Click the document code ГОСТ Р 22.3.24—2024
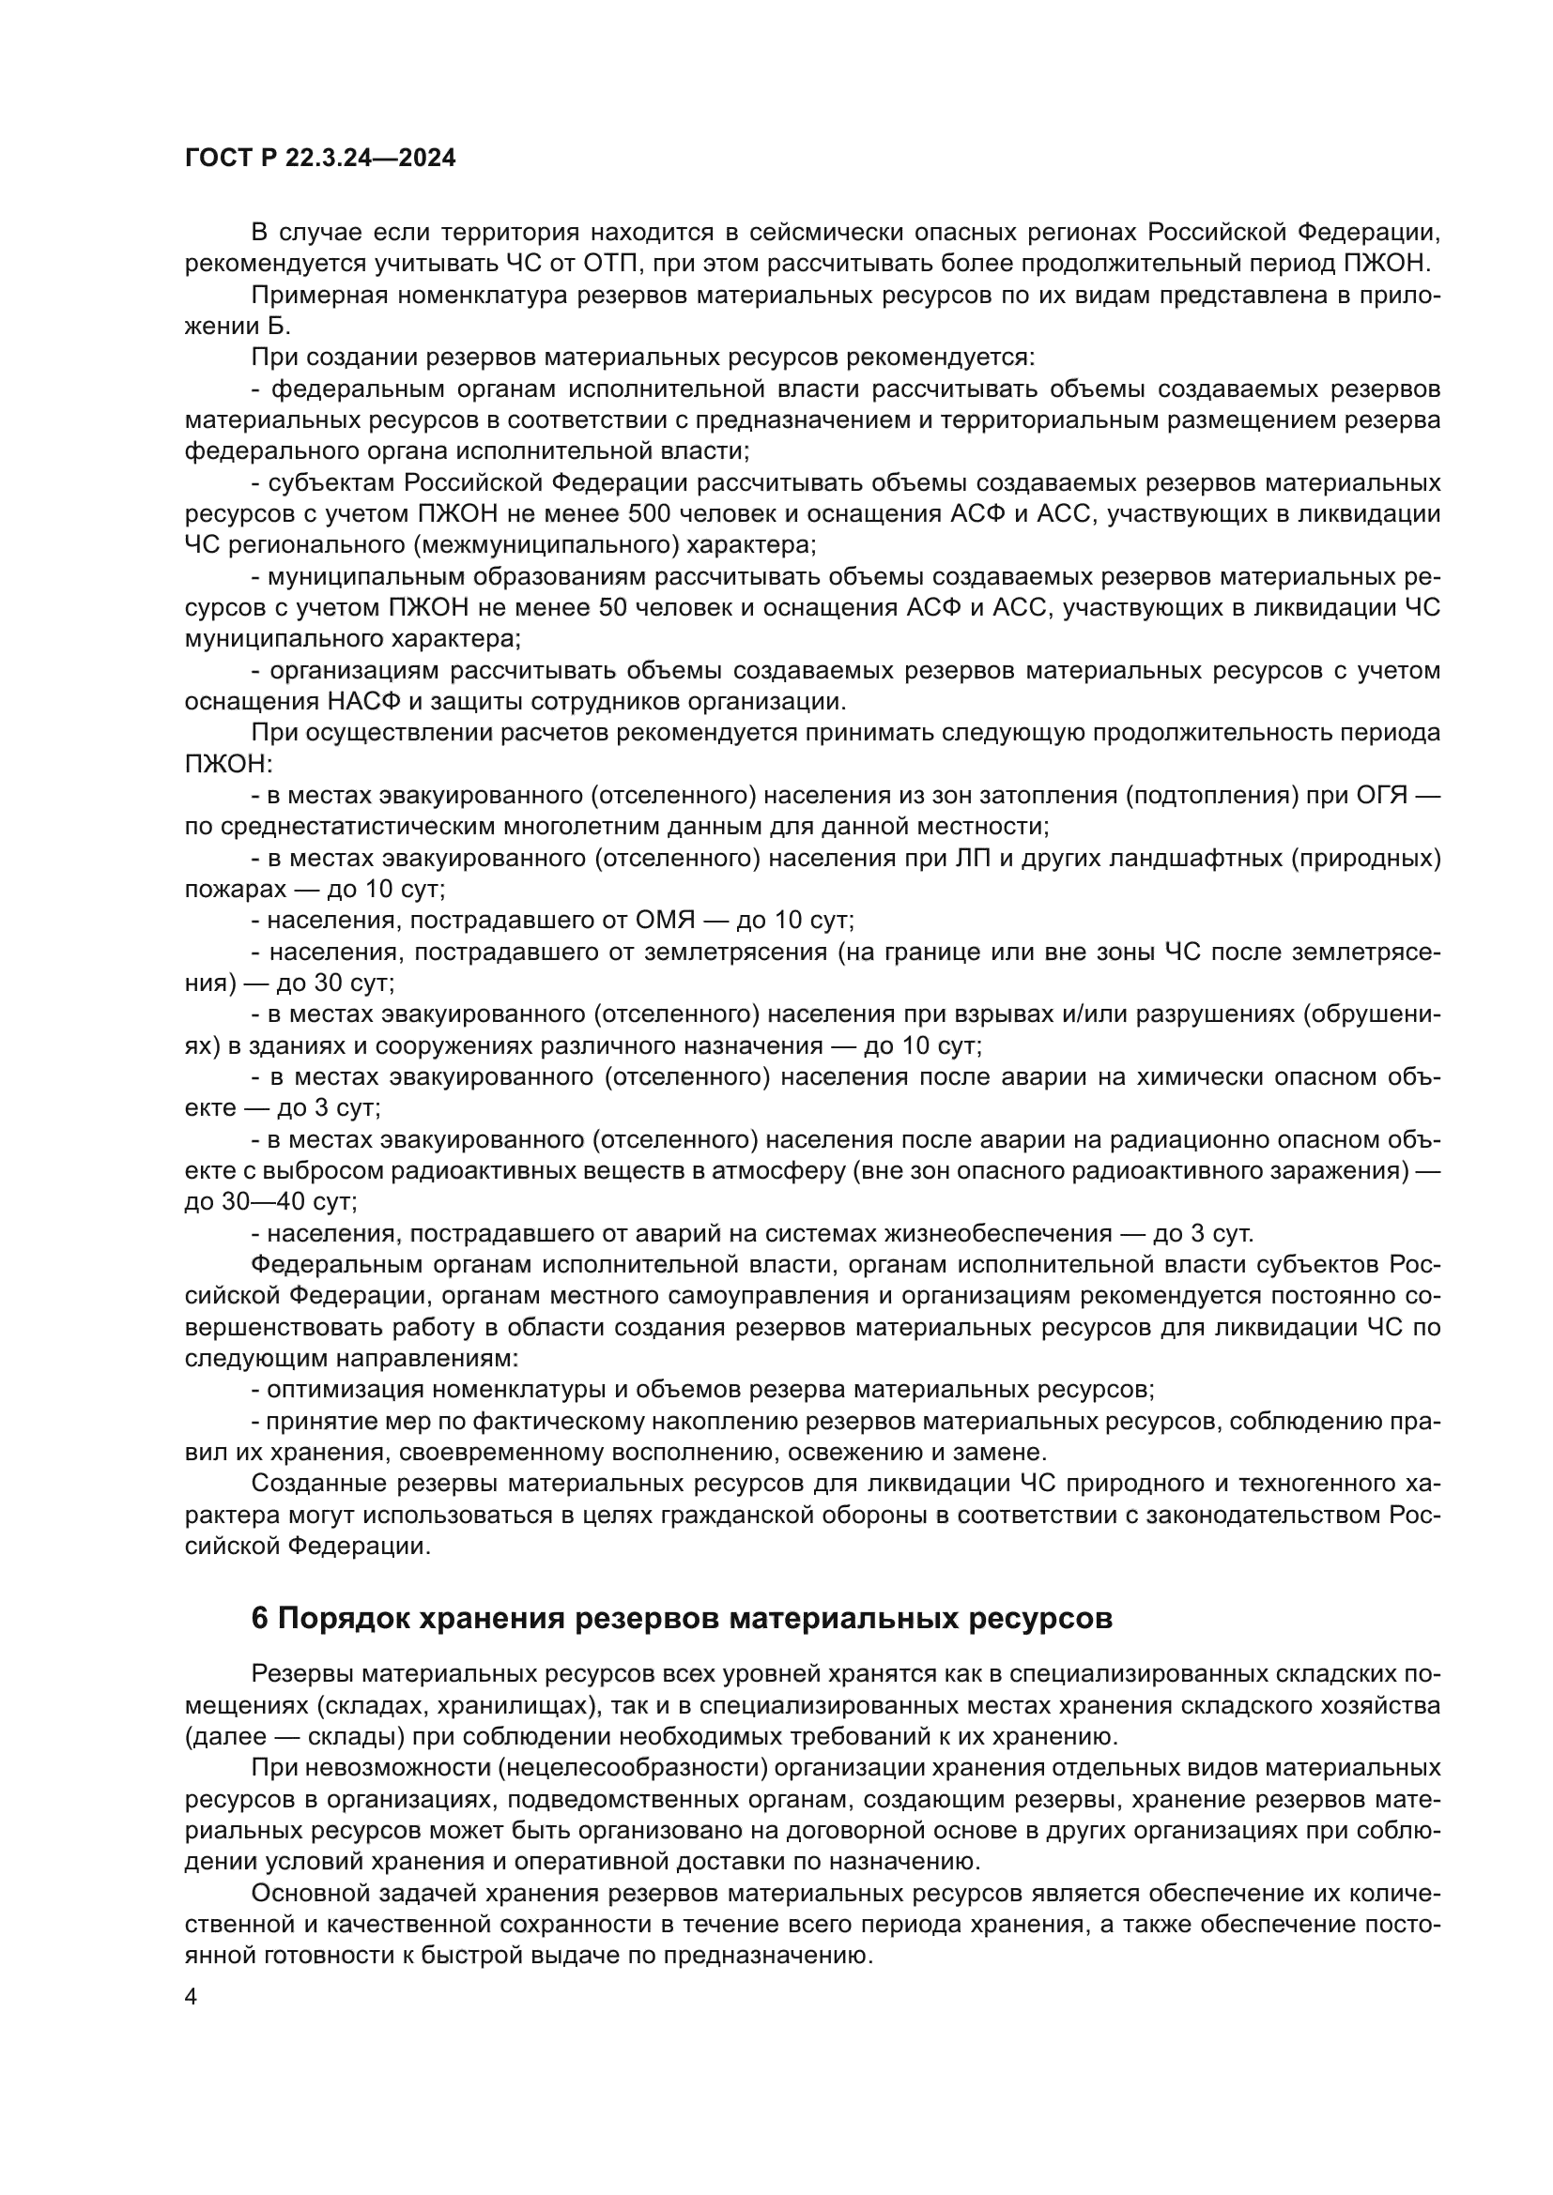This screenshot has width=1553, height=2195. click(x=319, y=159)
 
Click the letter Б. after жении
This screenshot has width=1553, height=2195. click(x=276, y=326)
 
